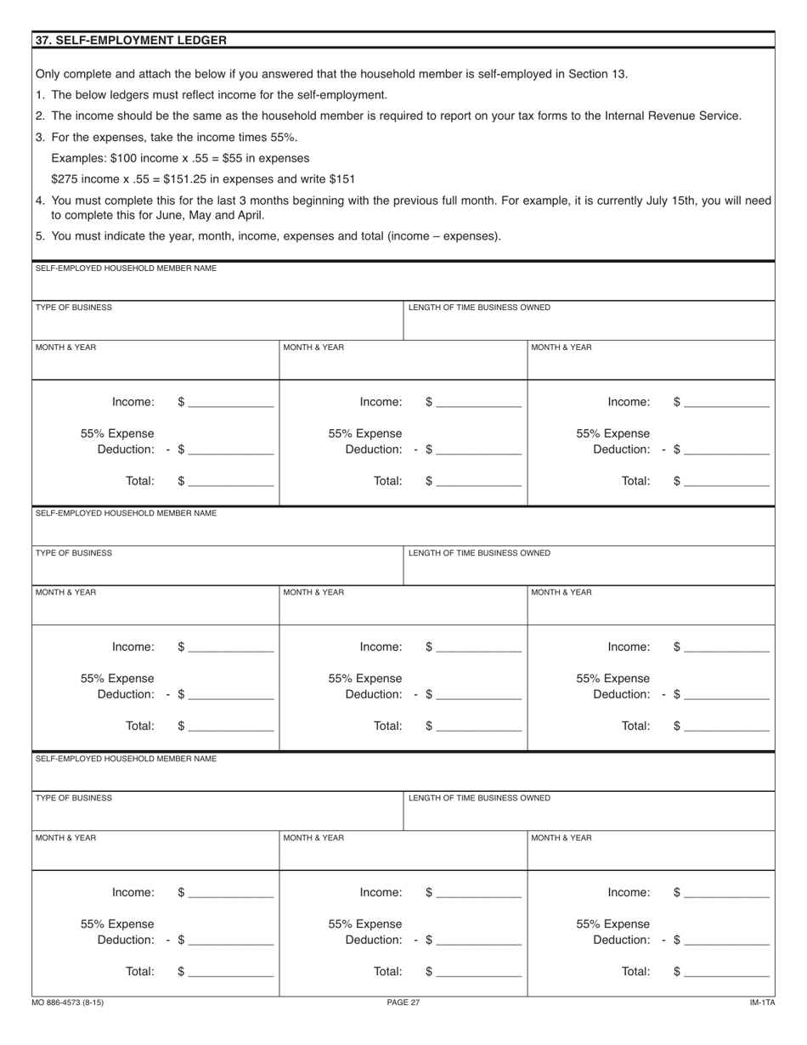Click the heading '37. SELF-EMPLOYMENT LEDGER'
click(131, 40)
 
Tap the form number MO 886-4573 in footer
click(70, 1003)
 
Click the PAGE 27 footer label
click(403, 1003)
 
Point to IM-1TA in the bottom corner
click(762, 1003)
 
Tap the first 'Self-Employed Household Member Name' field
click(403, 285)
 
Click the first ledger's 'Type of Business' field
click(217, 325)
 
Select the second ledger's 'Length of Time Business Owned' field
click(589, 569)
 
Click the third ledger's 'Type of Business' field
click(217, 815)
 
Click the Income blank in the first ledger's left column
click(231, 402)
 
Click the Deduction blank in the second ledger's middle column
click(478, 694)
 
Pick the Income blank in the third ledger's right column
click(726, 892)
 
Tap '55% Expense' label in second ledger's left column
click(117, 678)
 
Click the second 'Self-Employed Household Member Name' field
click(403, 530)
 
